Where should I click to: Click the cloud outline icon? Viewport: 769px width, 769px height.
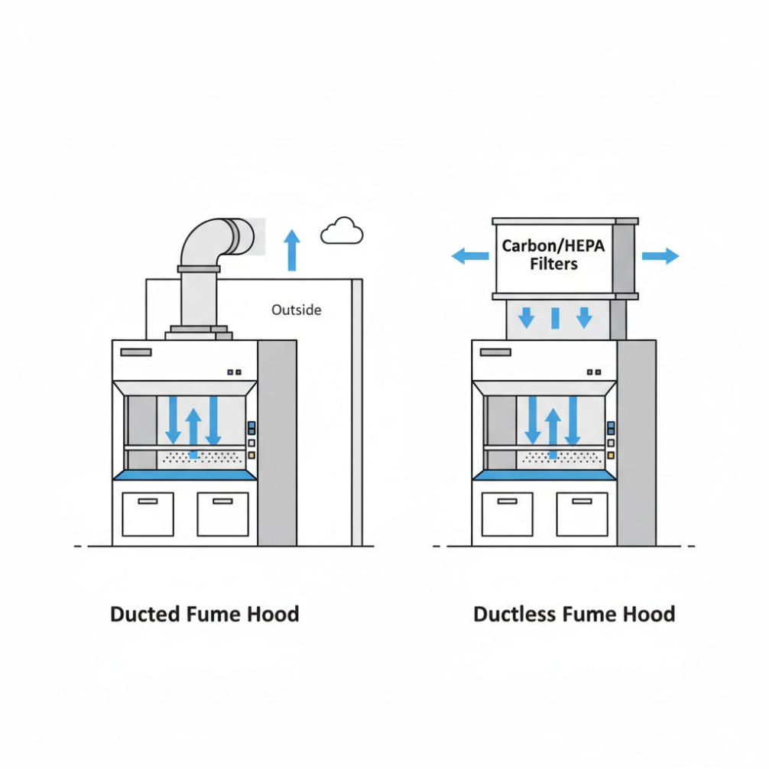click(x=342, y=231)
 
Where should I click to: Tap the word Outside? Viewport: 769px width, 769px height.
click(x=297, y=310)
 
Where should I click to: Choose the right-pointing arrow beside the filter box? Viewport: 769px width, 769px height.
click(x=660, y=256)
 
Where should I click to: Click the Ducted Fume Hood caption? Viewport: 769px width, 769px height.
click(x=204, y=614)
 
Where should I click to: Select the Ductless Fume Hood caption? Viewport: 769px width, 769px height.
click(x=574, y=614)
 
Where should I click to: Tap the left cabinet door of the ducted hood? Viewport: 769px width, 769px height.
click(x=148, y=514)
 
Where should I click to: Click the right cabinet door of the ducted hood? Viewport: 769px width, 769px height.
click(x=222, y=514)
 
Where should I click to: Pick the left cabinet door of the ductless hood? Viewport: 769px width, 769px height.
click(x=508, y=514)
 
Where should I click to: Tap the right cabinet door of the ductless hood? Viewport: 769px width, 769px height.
click(x=582, y=514)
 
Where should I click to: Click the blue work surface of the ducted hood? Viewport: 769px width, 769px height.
click(x=184, y=475)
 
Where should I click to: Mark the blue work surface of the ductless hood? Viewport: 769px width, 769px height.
click(x=543, y=475)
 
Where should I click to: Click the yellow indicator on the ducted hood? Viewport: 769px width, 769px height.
click(x=251, y=456)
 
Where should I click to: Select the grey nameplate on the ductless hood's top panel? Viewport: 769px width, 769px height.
click(x=496, y=352)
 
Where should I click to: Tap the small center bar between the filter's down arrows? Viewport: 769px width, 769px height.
click(x=556, y=317)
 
